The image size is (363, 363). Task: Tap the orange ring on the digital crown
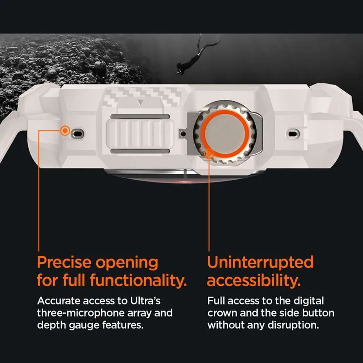(x=225, y=113)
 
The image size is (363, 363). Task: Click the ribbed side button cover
(x=140, y=134)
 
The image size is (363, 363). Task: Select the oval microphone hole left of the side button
(x=78, y=133)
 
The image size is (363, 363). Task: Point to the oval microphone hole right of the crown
(x=293, y=133)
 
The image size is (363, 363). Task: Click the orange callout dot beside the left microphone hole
(x=65, y=131)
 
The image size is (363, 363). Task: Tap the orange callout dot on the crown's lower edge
(x=209, y=153)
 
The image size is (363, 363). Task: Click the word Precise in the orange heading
(x=64, y=262)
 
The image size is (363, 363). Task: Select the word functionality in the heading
(x=138, y=280)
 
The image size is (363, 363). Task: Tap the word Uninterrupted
(x=260, y=262)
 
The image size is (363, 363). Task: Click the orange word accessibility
(x=254, y=280)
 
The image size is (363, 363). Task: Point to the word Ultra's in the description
(x=145, y=301)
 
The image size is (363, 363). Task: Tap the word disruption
(x=293, y=325)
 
